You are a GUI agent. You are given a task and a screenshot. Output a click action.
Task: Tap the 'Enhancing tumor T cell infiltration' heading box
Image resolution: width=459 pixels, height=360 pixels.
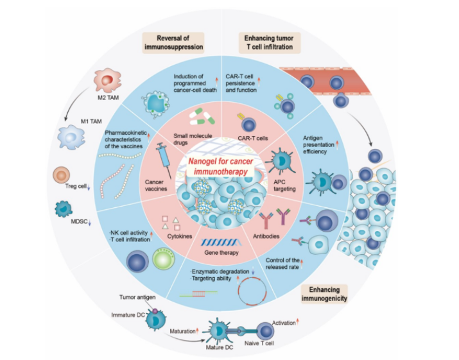tap(270, 42)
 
